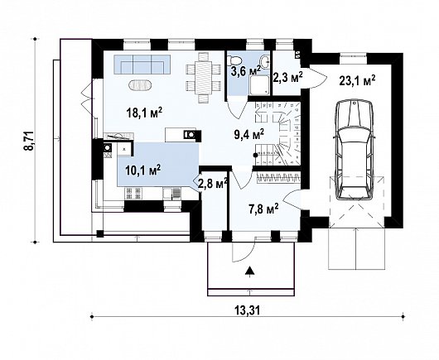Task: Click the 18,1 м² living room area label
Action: [x=144, y=113]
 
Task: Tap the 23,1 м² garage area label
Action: [x=357, y=81]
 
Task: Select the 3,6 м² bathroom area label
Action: [x=246, y=70]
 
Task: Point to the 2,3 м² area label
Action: [x=287, y=78]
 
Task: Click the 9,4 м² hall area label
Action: [x=248, y=134]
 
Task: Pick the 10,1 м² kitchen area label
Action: [x=142, y=170]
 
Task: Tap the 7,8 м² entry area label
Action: [x=263, y=209]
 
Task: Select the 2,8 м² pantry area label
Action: [x=212, y=184]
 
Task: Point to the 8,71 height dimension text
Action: [x=29, y=141]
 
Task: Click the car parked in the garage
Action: [x=355, y=150]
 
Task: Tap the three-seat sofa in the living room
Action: [x=142, y=65]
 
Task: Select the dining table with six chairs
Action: [x=204, y=78]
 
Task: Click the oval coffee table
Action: [x=141, y=85]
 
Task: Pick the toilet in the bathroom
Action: [x=234, y=59]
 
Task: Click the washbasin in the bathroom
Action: [x=264, y=60]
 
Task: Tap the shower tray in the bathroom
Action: [x=259, y=85]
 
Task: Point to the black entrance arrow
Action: [x=249, y=271]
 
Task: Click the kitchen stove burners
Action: [x=133, y=193]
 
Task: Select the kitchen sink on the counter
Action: [x=171, y=194]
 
